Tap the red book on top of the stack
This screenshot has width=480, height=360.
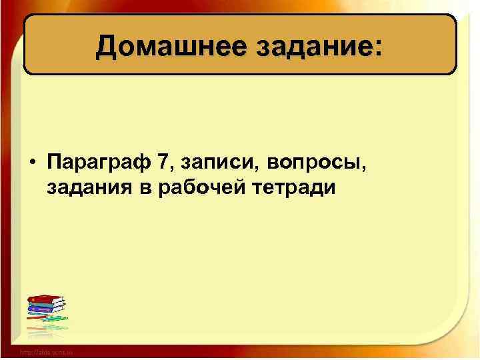click(x=46, y=299)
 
